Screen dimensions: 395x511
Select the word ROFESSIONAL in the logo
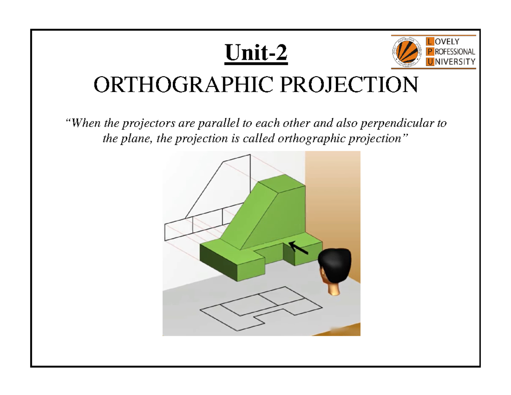[x=454, y=52]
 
